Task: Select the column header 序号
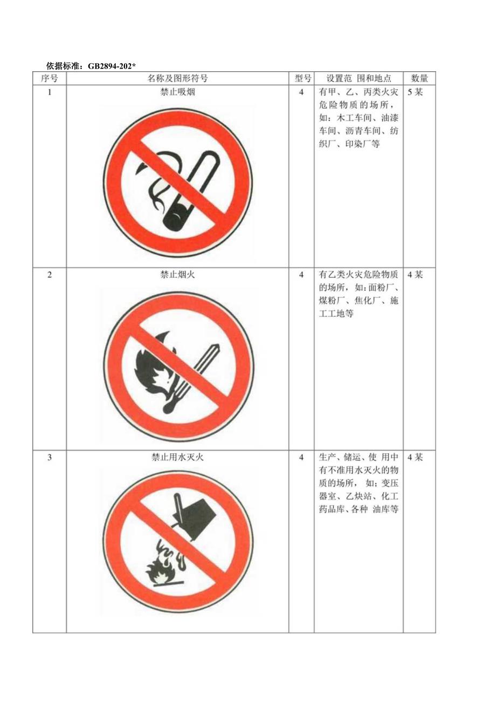tap(50, 78)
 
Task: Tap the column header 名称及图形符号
tap(177, 78)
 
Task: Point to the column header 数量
tap(419, 78)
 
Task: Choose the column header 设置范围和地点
tap(359, 78)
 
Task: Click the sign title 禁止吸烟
tap(177, 92)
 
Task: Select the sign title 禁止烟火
tap(177, 275)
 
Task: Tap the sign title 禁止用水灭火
tap(177, 458)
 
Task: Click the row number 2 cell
tap(50, 275)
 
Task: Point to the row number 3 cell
tap(50, 458)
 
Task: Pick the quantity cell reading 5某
tap(415, 92)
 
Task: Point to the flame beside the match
tap(153, 367)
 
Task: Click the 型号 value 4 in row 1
tap(302, 92)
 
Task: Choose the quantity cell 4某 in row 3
tap(415, 458)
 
